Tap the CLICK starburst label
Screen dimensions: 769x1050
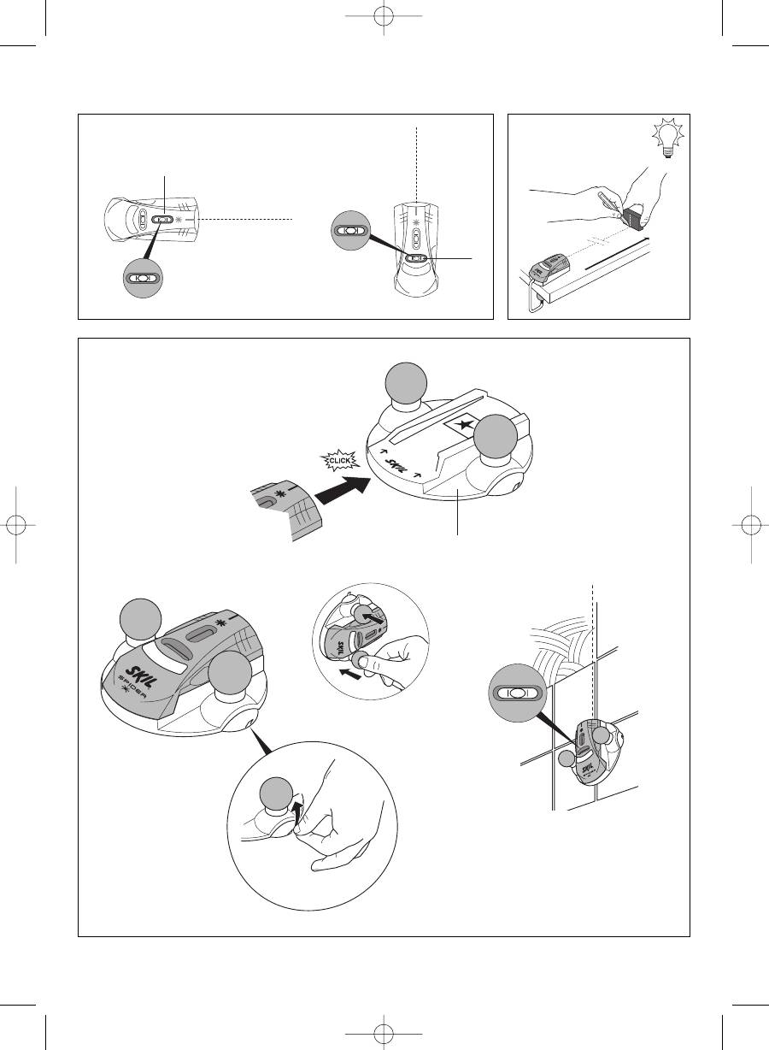tap(339, 461)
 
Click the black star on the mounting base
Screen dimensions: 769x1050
tap(465, 426)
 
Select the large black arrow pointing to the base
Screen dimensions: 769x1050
tap(343, 491)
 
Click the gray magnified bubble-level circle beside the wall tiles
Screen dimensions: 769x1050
tap(518, 693)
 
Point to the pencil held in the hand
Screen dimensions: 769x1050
tap(610, 205)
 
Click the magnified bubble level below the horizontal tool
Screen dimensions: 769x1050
tap(143, 278)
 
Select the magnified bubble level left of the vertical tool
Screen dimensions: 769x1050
tap(351, 231)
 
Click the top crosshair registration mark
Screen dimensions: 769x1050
tap(384, 16)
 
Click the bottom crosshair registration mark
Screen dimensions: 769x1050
tap(384, 1033)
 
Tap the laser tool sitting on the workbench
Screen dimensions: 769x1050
tap(549, 268)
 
